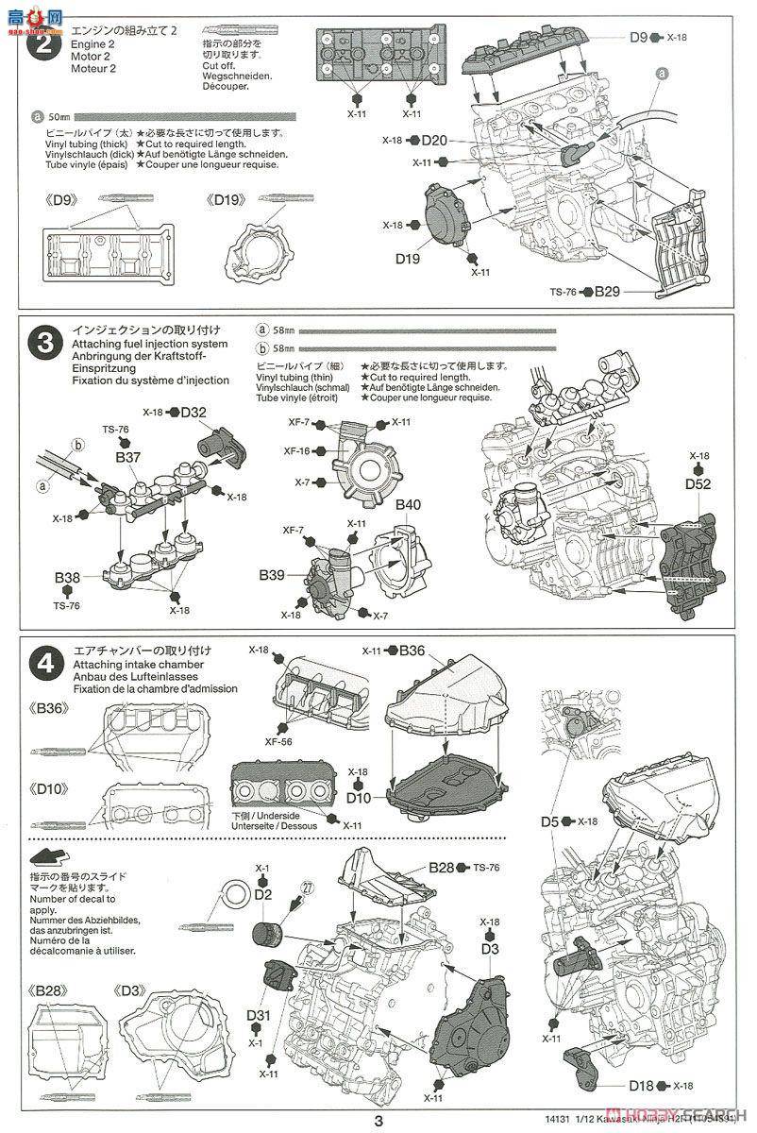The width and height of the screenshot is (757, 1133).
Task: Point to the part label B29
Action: click(607, 294)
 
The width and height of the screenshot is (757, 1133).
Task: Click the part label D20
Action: click(435, 141)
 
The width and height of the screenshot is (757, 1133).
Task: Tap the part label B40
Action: click(408, 505)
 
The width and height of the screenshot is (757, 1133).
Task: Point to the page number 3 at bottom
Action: click(378, 1121)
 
